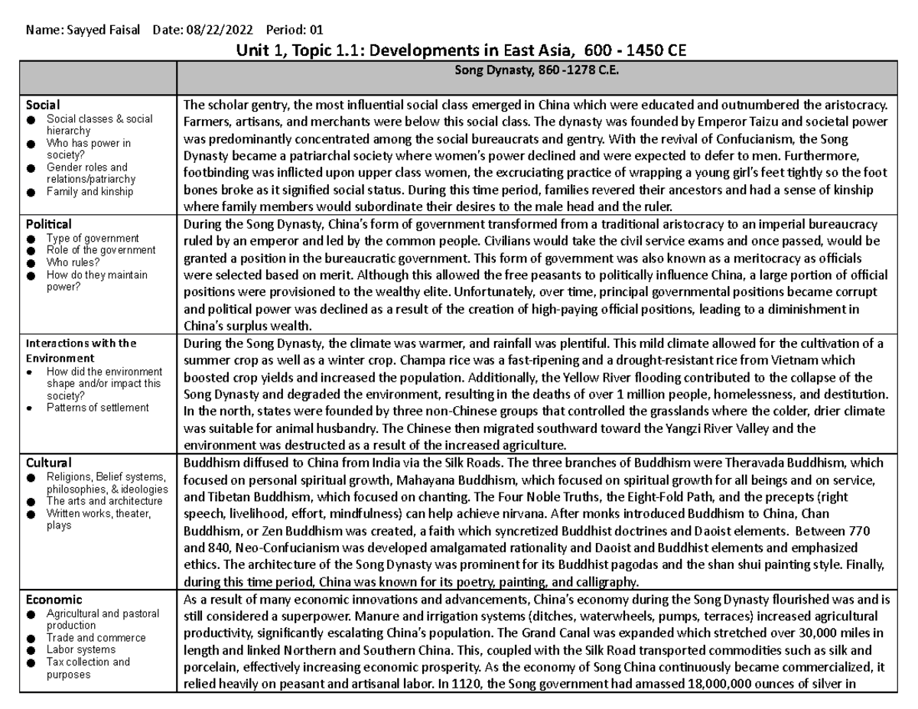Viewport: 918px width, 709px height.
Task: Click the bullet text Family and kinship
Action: point(90,191)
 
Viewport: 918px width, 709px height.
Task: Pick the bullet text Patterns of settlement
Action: point(97,408)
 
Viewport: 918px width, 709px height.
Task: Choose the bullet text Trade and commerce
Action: point(96,637)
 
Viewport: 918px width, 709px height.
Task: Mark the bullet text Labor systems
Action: point(80,649)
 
